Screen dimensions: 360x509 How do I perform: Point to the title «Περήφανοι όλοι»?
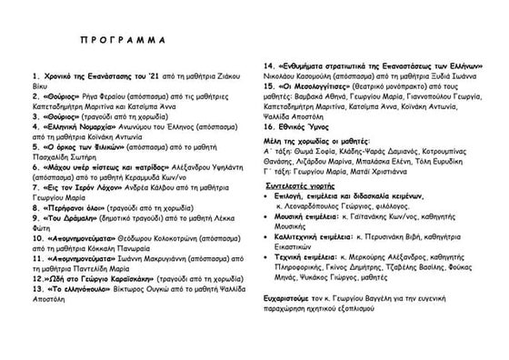click(x=79, y=209)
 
